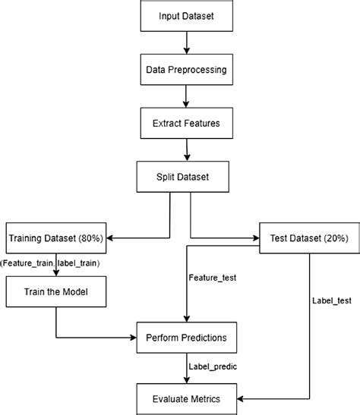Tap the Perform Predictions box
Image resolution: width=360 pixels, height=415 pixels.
187,335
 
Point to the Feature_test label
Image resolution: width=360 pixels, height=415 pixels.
212,278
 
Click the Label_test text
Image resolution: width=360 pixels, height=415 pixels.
332,300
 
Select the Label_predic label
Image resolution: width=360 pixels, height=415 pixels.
213,366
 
